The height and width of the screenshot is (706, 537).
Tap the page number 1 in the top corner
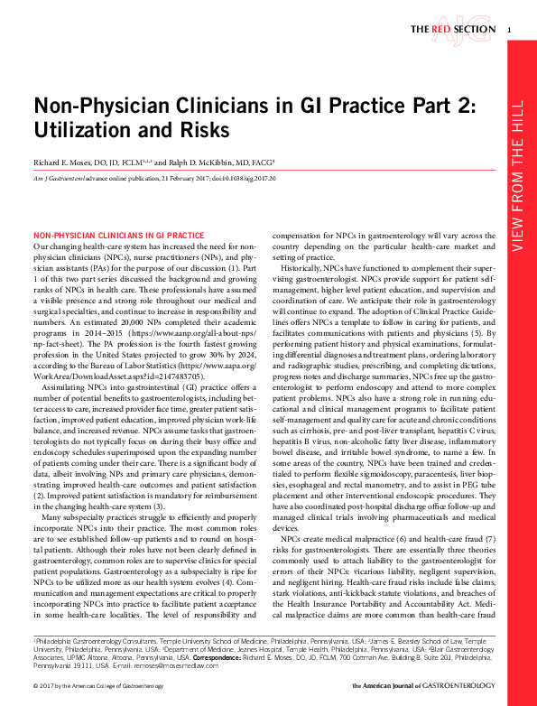point(510,30)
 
